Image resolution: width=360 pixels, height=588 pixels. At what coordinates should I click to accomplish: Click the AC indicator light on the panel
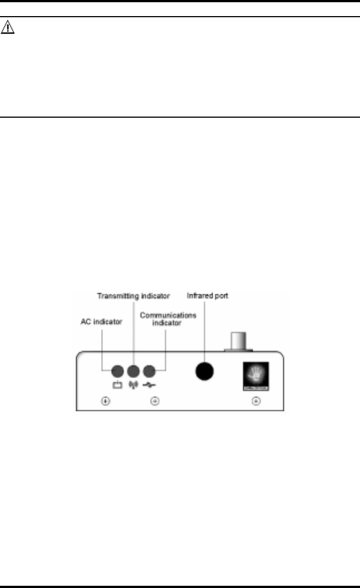pos(117,371)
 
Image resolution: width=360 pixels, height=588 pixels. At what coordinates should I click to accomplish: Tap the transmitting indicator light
pos(133,371)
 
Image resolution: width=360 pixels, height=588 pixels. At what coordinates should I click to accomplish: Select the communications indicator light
pos(149,371)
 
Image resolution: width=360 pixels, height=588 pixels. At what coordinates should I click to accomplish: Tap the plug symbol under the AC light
pos(117,385)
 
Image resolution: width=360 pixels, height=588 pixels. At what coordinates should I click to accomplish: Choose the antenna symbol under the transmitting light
pos(133,385)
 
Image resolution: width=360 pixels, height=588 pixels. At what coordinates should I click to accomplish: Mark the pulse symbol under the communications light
pos(149,385)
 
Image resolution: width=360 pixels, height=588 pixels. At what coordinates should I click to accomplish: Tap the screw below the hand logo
pos(256,401)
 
